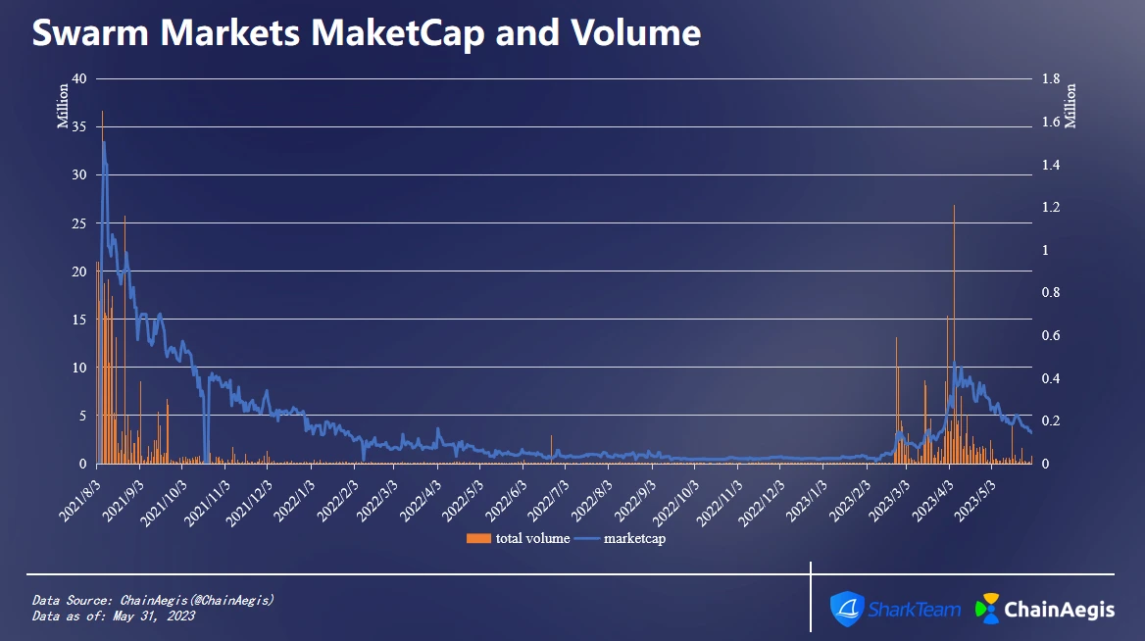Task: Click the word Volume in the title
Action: click(x=645, y=33)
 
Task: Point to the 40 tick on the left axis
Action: click(x=80, y=79)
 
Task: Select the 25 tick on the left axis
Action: click(x=80, y=223)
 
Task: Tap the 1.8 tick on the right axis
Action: click(x=1051, y=79)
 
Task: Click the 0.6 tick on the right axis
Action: click(x=1051, y=335)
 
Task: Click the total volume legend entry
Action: click(x=520, y=538)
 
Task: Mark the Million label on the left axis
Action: click(x=63, y=106)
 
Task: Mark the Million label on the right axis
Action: click(x=1070, y=106)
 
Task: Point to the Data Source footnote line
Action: click(x=153, y=600)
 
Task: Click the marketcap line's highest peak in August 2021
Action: click(x=104, y=143)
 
